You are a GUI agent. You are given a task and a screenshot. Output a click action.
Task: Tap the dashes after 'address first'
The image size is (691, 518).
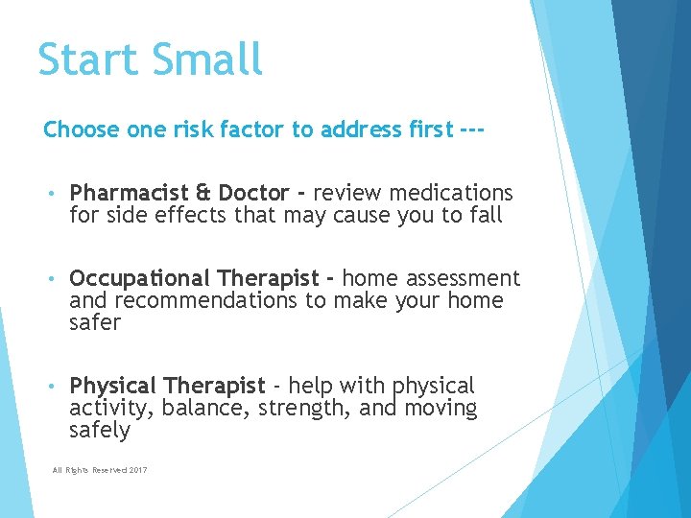467,129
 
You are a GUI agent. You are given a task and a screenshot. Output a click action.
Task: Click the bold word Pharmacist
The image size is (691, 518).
129,194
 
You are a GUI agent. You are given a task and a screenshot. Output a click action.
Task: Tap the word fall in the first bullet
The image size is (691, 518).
486,215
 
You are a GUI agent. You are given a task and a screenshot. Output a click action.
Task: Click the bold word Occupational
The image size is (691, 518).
140,279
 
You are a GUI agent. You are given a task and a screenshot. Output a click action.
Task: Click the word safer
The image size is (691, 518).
95,322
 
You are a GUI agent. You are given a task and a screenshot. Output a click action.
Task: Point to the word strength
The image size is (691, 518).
284,409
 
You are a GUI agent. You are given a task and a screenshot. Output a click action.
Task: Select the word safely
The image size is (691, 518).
99,430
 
